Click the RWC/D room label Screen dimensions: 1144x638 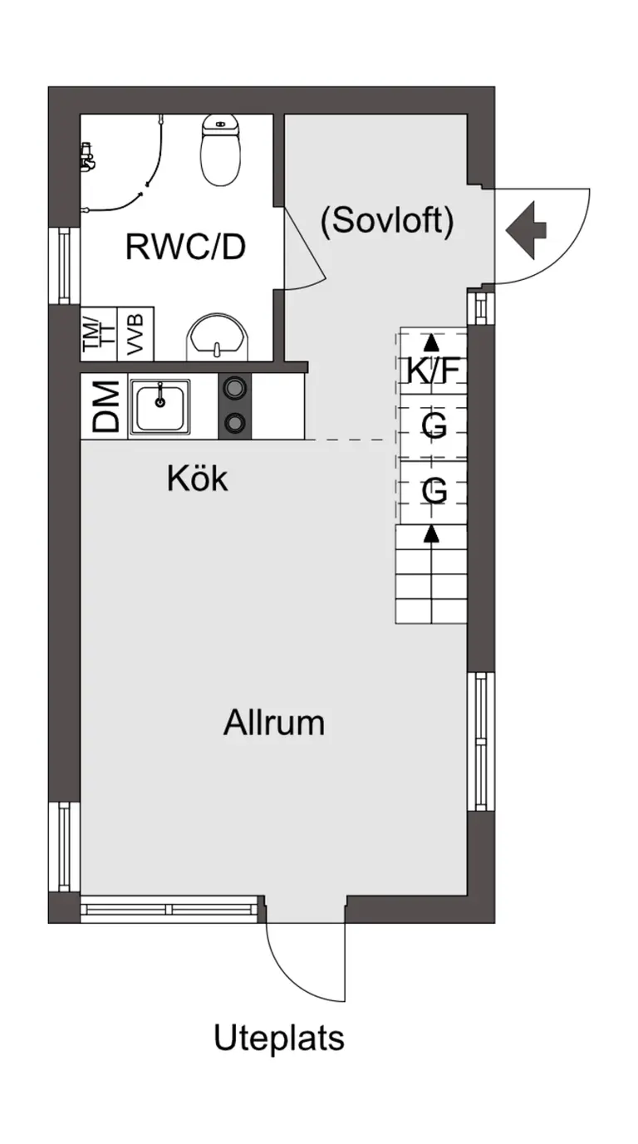[x=185, y=247]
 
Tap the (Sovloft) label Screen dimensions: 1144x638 [x=387, y=222]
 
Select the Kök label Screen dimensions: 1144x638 [x=197, y=479]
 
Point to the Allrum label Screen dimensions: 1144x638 [x=273, y=723]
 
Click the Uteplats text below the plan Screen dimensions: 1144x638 [x=279, y=1038]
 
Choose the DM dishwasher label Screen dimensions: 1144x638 [x=106, y=406]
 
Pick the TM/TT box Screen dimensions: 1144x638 [x=99, y=334]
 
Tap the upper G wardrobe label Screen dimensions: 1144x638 [x=434, y=425]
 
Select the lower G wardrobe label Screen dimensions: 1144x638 [x=434, y=491]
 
